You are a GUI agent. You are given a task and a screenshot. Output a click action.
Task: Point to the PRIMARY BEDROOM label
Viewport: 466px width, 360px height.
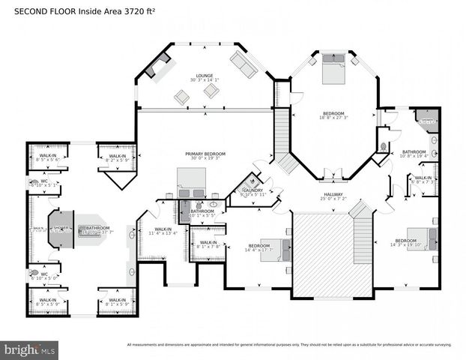[x=205, y=155]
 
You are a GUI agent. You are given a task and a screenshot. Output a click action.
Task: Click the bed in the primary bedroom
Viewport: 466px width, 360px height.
[x=191, y=181]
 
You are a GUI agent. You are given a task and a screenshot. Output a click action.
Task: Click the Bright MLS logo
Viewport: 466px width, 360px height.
[x=30, y=349]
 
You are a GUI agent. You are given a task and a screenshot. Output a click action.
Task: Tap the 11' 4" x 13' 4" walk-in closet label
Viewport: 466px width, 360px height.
[x=163, y=231]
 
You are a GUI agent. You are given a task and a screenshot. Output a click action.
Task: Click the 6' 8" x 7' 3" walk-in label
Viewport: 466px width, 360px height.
[x=422, y=179]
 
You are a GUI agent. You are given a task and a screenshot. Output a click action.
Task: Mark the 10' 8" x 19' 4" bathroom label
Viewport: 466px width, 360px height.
[x=414, y=154]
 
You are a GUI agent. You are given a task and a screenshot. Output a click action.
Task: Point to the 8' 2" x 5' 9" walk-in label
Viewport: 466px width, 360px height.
[x=118, y=158]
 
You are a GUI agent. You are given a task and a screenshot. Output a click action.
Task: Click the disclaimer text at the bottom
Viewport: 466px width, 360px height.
[x=288, y=345]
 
